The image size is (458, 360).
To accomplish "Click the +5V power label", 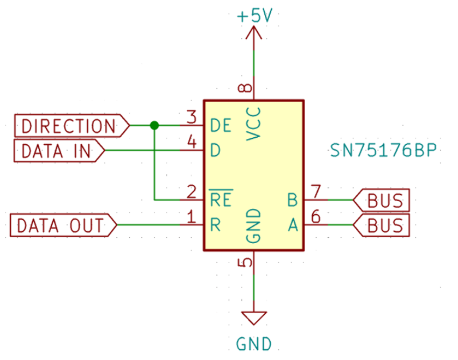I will click(255, 16).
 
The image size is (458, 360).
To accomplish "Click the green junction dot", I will click(154, 125).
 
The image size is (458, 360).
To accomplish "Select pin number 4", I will click(191, 142).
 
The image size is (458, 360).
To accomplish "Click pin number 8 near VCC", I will click(245, 89).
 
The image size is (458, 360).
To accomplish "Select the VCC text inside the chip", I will click(253, 123).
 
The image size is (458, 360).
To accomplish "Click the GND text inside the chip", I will click(253, 225).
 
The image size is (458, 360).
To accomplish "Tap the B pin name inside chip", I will click(292, 200).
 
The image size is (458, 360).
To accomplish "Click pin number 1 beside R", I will click(191, 217).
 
